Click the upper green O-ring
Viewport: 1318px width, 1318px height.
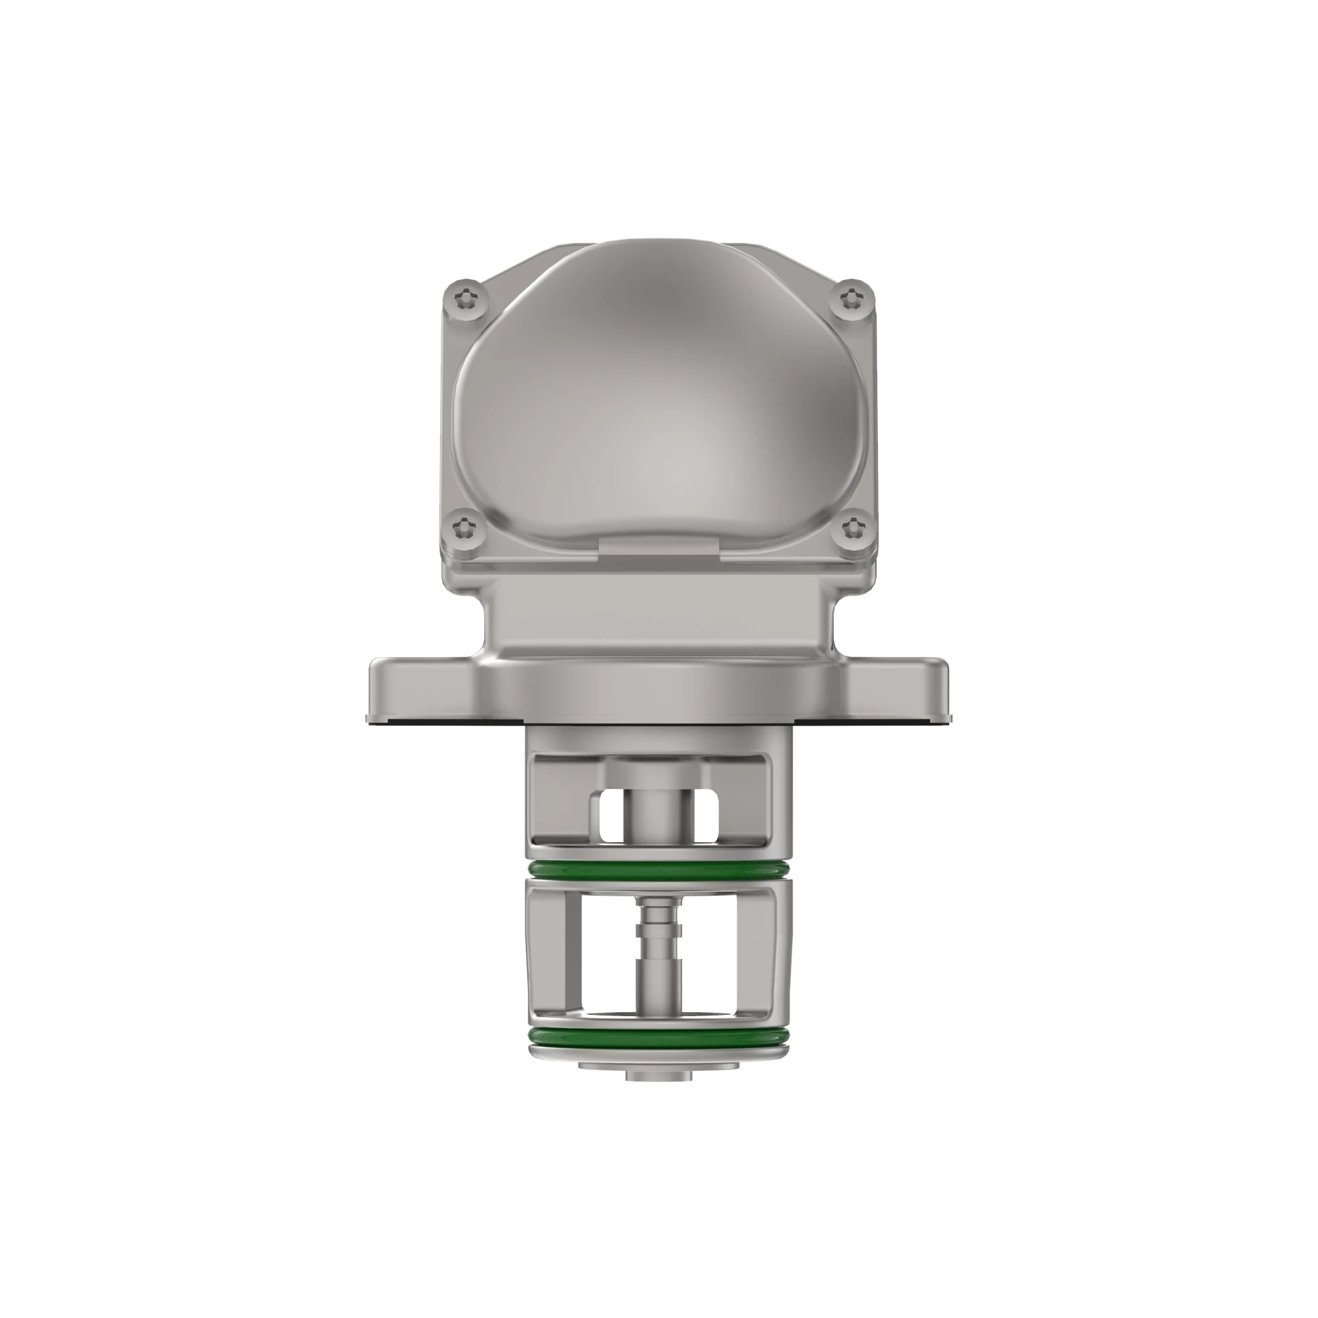pyautogui.click(x=659, y=870)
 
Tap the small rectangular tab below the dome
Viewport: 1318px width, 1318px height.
pyautogui.click(x=659, y=546)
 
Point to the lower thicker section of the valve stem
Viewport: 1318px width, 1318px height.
pyautogui.click(x=658, y=989)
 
